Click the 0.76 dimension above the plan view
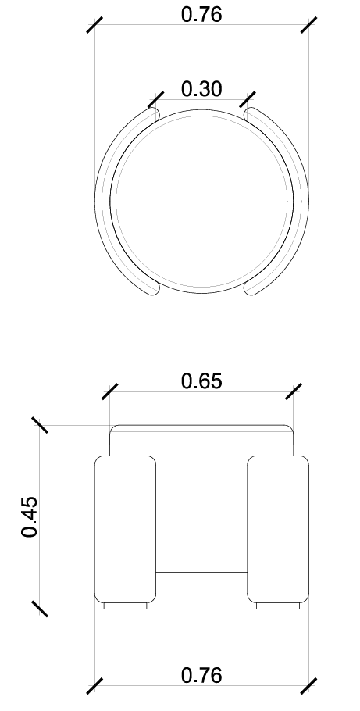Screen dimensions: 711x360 click(x=201, y=15)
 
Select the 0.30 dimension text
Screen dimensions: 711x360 click(x=201, y=89)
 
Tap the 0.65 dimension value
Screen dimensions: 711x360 click(x=201, y=381)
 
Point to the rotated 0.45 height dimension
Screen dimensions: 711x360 click(x=30, y=516)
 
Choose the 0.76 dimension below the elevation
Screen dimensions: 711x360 click(x=201, y=675)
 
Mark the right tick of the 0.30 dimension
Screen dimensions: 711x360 click(x=248, y=100)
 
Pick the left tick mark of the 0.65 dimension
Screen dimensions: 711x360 click(x=109, y=392)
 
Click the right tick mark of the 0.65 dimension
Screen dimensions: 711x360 click(x=294, y=392)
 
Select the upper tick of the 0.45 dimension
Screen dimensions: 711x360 click(x=39, y=425)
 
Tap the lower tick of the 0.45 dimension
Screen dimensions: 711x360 click(x=39, y=609)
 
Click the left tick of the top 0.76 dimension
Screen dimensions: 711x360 click(x=94, y=25)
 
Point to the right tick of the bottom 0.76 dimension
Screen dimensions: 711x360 click(x=309, y=685)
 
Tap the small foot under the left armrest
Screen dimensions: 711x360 click(x=125, y=606)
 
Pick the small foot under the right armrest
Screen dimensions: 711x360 click(x=278, y=606)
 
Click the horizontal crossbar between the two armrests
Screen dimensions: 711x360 click(x=201, y=570)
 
